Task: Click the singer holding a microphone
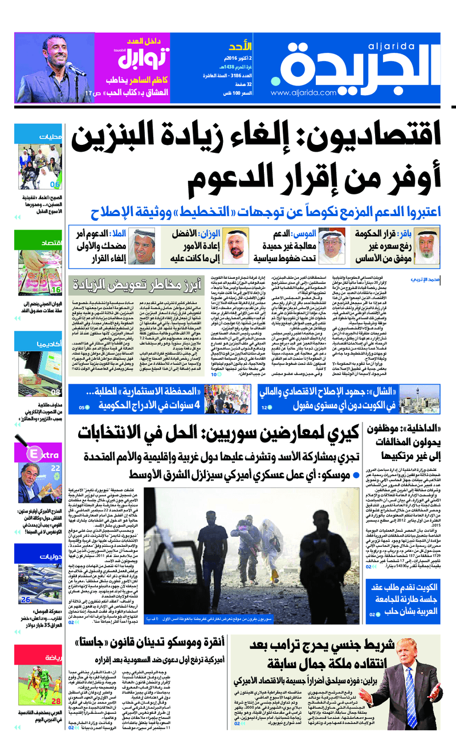pos(57,66)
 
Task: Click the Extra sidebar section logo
pos(43,454)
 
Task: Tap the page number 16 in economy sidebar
pos(56,290)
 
